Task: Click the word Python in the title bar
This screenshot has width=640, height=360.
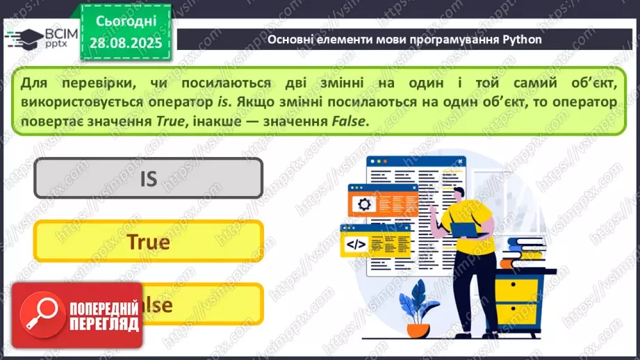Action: (x=522, y=40)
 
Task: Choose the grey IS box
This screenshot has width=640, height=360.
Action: (x=148, y=179)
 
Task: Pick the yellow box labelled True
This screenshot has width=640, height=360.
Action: (x=148, y=241)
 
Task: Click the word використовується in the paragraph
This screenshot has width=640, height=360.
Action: (x=77, y=102)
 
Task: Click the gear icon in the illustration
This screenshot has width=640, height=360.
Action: (x=364, y=204)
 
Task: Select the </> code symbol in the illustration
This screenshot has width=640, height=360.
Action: (x=356, y=243)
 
